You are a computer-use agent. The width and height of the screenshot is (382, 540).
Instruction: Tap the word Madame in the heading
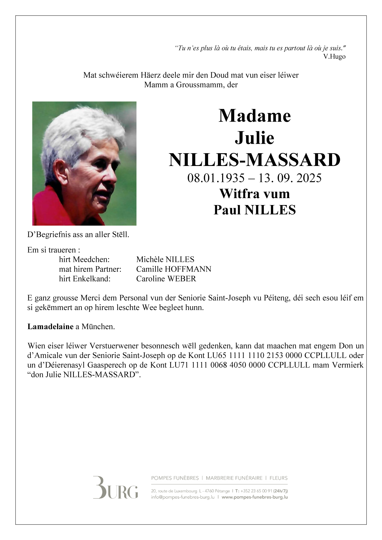[x=254, y=116]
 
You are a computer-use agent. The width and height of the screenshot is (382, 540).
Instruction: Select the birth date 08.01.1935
[x=216, y=178]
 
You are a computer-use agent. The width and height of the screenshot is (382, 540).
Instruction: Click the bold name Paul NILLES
[x=254, y=210]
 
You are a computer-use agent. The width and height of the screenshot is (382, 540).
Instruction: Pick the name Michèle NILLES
[x=165, y=260]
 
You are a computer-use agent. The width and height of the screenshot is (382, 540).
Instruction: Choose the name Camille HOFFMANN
[x=174, y=269]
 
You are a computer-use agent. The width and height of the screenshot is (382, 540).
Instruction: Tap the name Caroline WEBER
[x=166, y=279]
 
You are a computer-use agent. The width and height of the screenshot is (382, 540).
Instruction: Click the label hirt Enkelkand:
[x=85, y=279]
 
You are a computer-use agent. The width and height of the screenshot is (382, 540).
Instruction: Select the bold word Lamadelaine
[x=50, y=327]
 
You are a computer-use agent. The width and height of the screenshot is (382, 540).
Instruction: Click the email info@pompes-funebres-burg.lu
[x=183, y=497]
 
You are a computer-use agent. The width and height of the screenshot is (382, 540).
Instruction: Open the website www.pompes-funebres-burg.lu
[x=254, y=497]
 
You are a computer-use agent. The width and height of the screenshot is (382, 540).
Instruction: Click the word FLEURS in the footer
[x=278, y=478]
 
